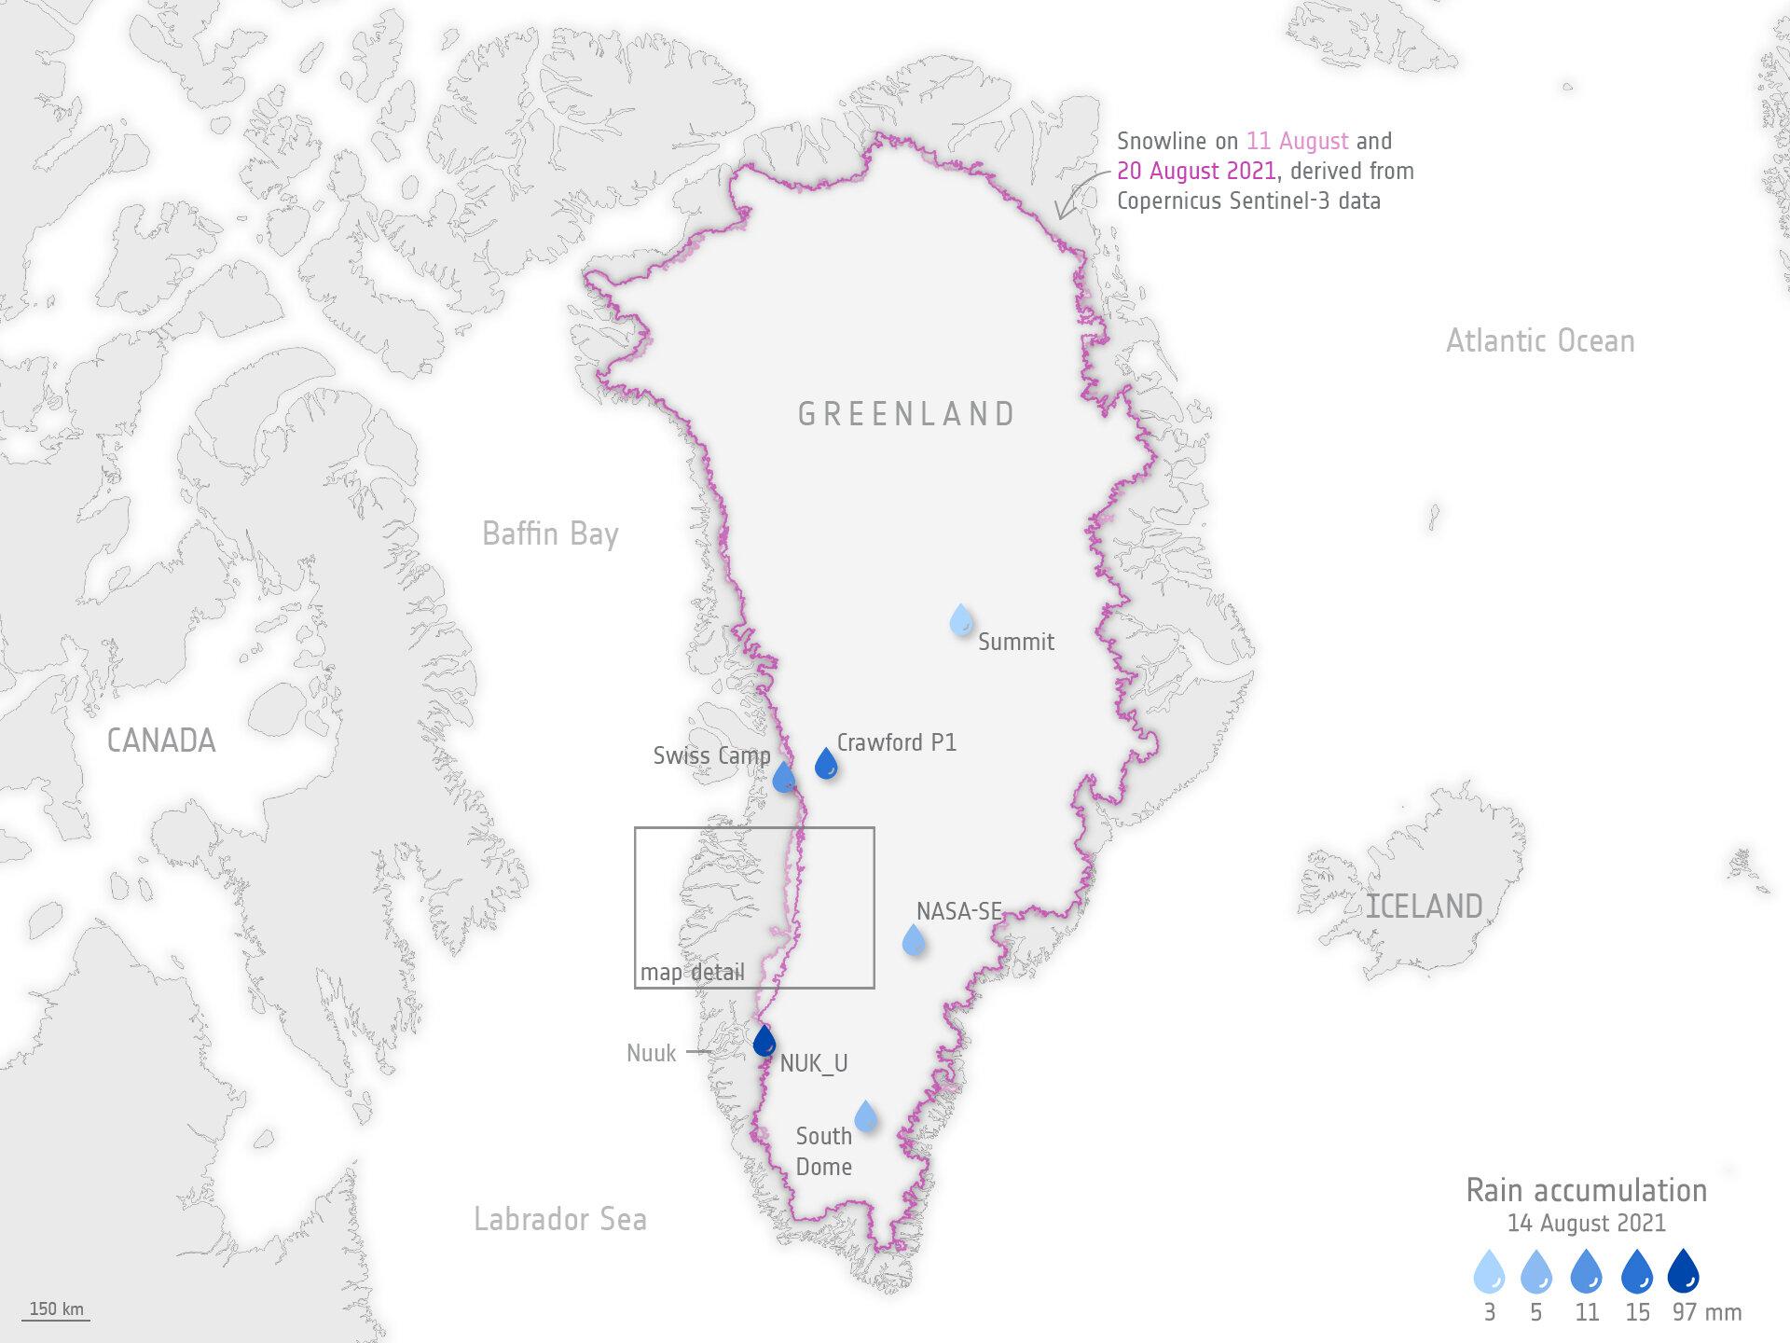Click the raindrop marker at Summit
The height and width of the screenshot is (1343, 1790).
[961, 620]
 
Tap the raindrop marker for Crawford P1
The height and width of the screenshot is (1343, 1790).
[826, 764]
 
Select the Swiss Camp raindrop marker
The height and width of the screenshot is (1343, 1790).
[784, 778]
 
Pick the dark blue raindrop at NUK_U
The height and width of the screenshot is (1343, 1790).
[764, 1041]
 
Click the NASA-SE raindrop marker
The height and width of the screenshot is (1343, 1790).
[914, 940]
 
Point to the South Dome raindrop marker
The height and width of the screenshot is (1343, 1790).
[866, 1116]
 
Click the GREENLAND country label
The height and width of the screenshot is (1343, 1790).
[906, 414]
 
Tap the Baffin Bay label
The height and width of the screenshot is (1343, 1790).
[550, 534]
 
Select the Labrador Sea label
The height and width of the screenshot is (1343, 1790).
[559, 1219]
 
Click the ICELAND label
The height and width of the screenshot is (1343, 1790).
[1424, 907]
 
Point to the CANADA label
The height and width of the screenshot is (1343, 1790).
[161, 741]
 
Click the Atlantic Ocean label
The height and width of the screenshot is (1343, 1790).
[1540, 341]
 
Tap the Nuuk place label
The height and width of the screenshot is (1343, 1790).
[651, 1053]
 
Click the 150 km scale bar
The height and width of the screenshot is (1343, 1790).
[56, 1310]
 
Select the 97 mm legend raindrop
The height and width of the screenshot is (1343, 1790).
[1683, 1271]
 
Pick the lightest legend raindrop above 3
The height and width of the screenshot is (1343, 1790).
[1489, 1272]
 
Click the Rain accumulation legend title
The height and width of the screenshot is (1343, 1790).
[1586, 1191]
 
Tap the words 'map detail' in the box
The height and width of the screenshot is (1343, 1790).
[692, 973]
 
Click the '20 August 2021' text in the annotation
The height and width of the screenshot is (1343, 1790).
[1196, 172]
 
